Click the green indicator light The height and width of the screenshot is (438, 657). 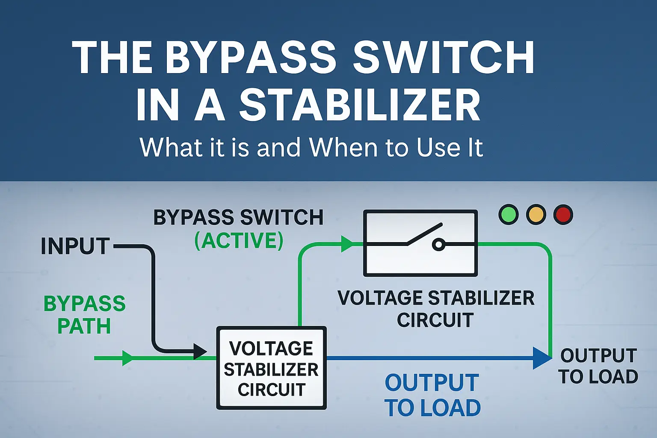[x=509, y=215]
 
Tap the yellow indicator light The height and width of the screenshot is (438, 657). [x=536, y=215]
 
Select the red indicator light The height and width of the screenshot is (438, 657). [x=563, y=215]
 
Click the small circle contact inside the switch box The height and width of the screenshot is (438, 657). [x=438, y=245]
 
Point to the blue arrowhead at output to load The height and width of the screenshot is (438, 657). [x=542, y=358]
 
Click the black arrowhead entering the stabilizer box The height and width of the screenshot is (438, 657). [x=200, y=352]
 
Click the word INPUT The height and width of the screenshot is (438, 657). [x=75, y=246]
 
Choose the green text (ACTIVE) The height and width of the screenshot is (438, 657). [x=239, y=240]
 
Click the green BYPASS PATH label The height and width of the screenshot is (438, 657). [x=84, y=315]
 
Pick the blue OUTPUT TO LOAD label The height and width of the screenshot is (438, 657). [x=432, y=395]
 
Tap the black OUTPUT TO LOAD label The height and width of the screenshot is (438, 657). [x=598, y=366]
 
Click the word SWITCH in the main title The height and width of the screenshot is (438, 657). [x=444, y=59]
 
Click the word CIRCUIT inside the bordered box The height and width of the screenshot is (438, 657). [x=272, y=390]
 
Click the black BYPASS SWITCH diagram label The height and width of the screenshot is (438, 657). [x=238, y=218]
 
